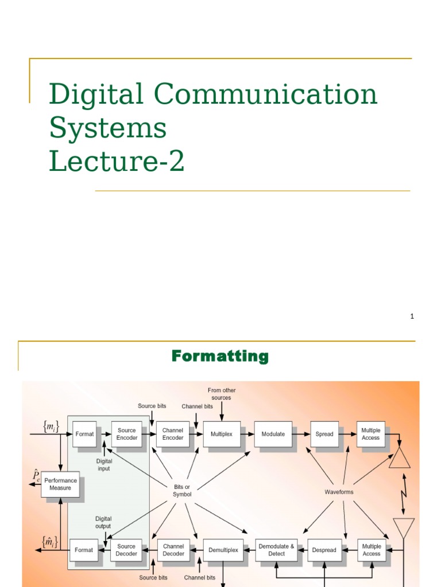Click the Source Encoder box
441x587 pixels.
(127, 434)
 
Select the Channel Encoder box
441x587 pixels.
(173, 434)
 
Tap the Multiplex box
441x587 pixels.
(222, 434)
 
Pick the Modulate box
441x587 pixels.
(273, 434)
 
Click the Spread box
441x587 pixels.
(324, 434)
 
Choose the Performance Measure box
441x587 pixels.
(60, 484)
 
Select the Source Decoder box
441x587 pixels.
(126, 550)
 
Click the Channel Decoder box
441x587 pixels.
(173, 550)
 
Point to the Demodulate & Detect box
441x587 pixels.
(276, 550)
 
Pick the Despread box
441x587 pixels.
(324, 550)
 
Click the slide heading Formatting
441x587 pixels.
(220, 357)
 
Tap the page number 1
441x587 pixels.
(412, 316)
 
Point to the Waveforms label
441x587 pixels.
(339, 492)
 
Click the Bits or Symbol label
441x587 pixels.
(183, 490)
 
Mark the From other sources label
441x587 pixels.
(222, 394)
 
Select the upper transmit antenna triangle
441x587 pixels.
(400, 458)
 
